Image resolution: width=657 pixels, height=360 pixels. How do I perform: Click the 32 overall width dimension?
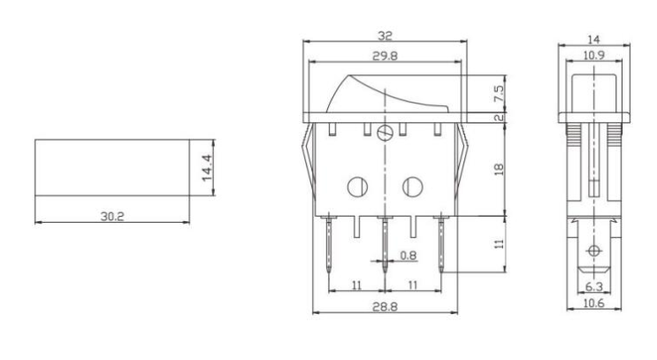[x=385, y=35]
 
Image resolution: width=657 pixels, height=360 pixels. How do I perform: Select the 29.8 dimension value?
[x=385, y=56]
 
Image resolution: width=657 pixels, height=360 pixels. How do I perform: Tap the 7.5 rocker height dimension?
[x=499, y=94]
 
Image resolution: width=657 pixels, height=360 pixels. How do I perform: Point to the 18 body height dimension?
[x=499, y=169]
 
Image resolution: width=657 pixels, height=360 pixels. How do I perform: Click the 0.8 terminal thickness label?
[x=409, y=256]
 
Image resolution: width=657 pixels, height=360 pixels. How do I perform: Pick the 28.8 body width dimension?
[x=385, y=307]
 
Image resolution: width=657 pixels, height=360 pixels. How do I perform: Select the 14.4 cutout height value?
[x=207, y=168]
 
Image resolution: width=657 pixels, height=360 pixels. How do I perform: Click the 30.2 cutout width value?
[x=112, y=216]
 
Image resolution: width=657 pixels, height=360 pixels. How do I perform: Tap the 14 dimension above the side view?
[x=593, y=40]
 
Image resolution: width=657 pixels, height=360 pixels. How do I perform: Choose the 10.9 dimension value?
[x=593, y=55]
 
